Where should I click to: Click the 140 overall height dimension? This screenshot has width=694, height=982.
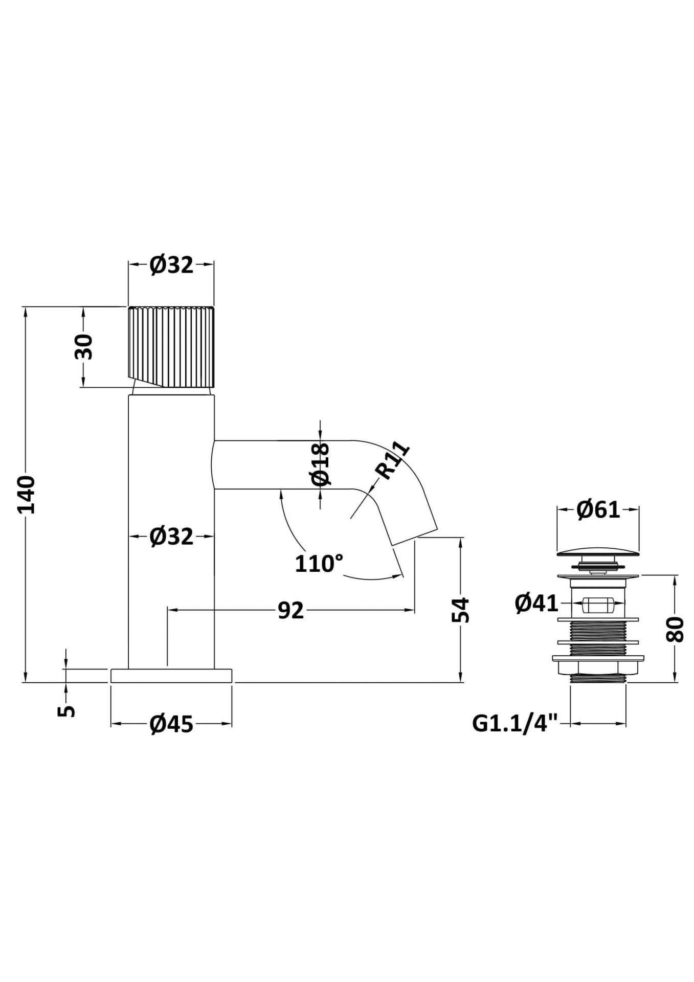point(26,494)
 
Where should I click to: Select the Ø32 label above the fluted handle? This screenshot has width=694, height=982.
point(172,265)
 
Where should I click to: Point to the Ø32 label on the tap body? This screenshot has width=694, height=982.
point(172,537)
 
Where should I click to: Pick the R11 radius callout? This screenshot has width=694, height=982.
point(393,462)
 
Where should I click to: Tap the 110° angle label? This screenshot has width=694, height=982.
point(319,564)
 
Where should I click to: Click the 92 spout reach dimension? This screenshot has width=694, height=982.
point(291,610)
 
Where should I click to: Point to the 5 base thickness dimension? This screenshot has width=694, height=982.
point(67,710)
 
